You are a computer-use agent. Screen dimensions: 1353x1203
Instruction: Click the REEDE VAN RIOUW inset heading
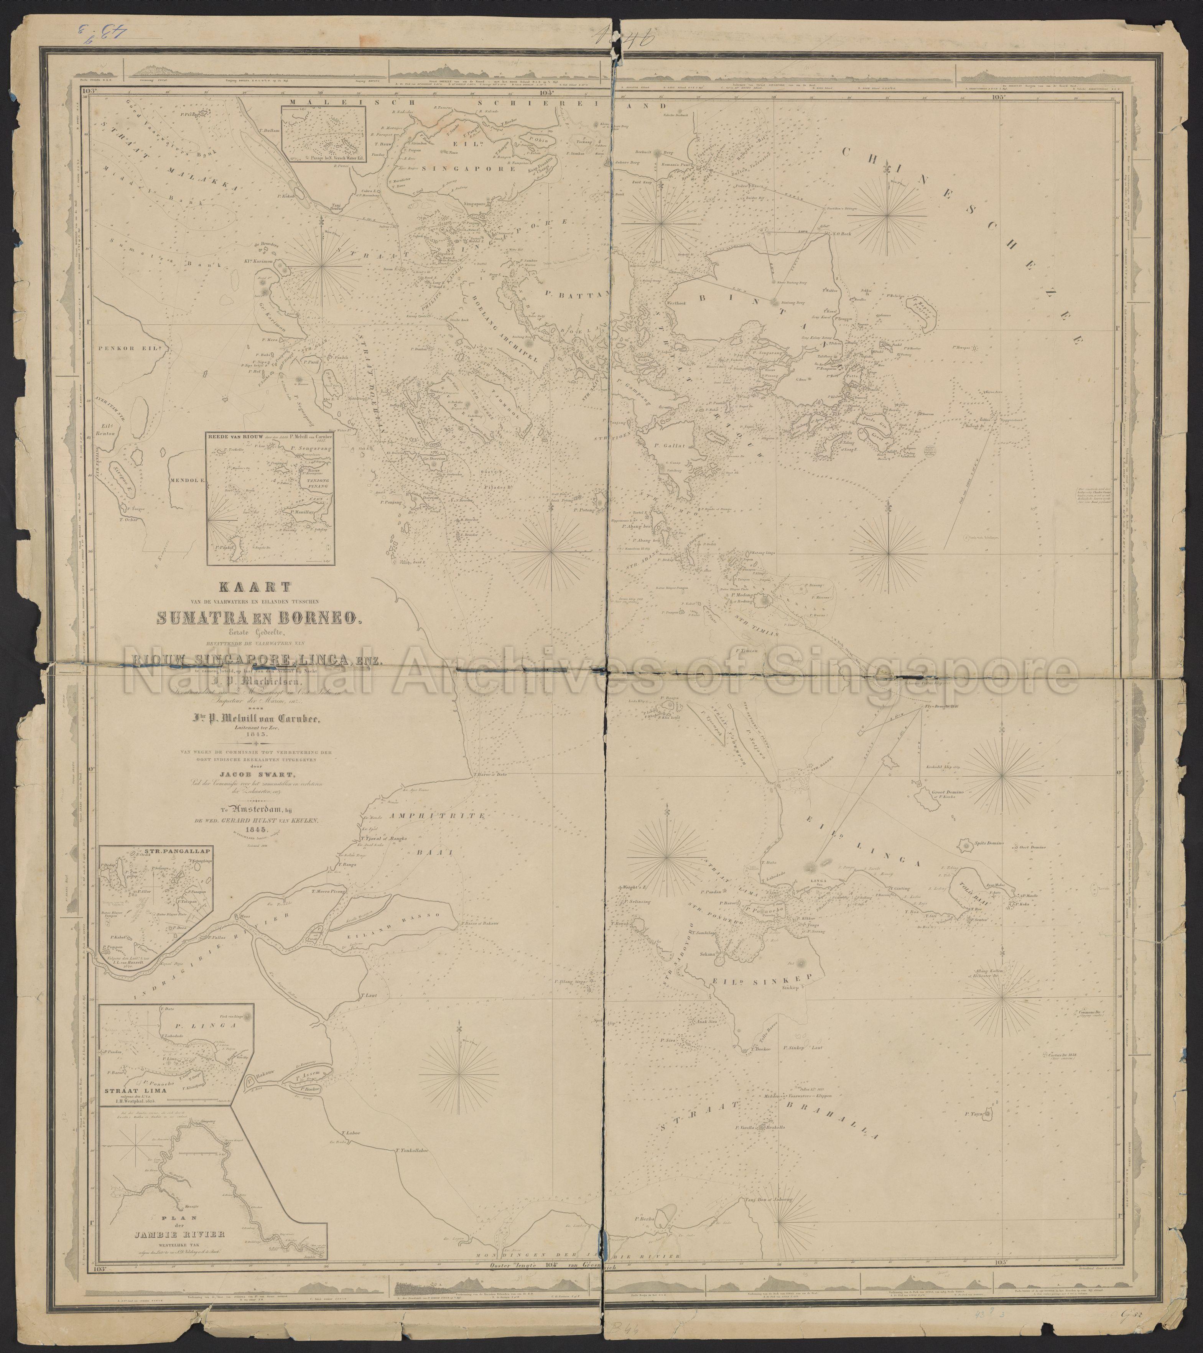[x=232, y=437]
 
